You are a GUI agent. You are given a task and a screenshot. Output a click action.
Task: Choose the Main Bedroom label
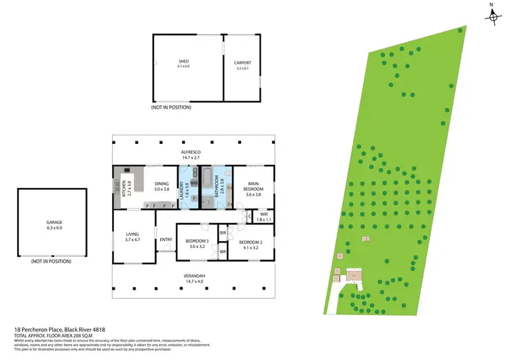254,185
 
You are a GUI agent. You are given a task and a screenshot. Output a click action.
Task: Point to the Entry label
166,239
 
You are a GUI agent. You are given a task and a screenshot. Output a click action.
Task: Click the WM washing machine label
193,183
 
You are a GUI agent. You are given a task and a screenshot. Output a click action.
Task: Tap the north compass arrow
491,16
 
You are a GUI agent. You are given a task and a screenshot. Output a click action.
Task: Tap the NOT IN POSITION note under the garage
51,262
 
